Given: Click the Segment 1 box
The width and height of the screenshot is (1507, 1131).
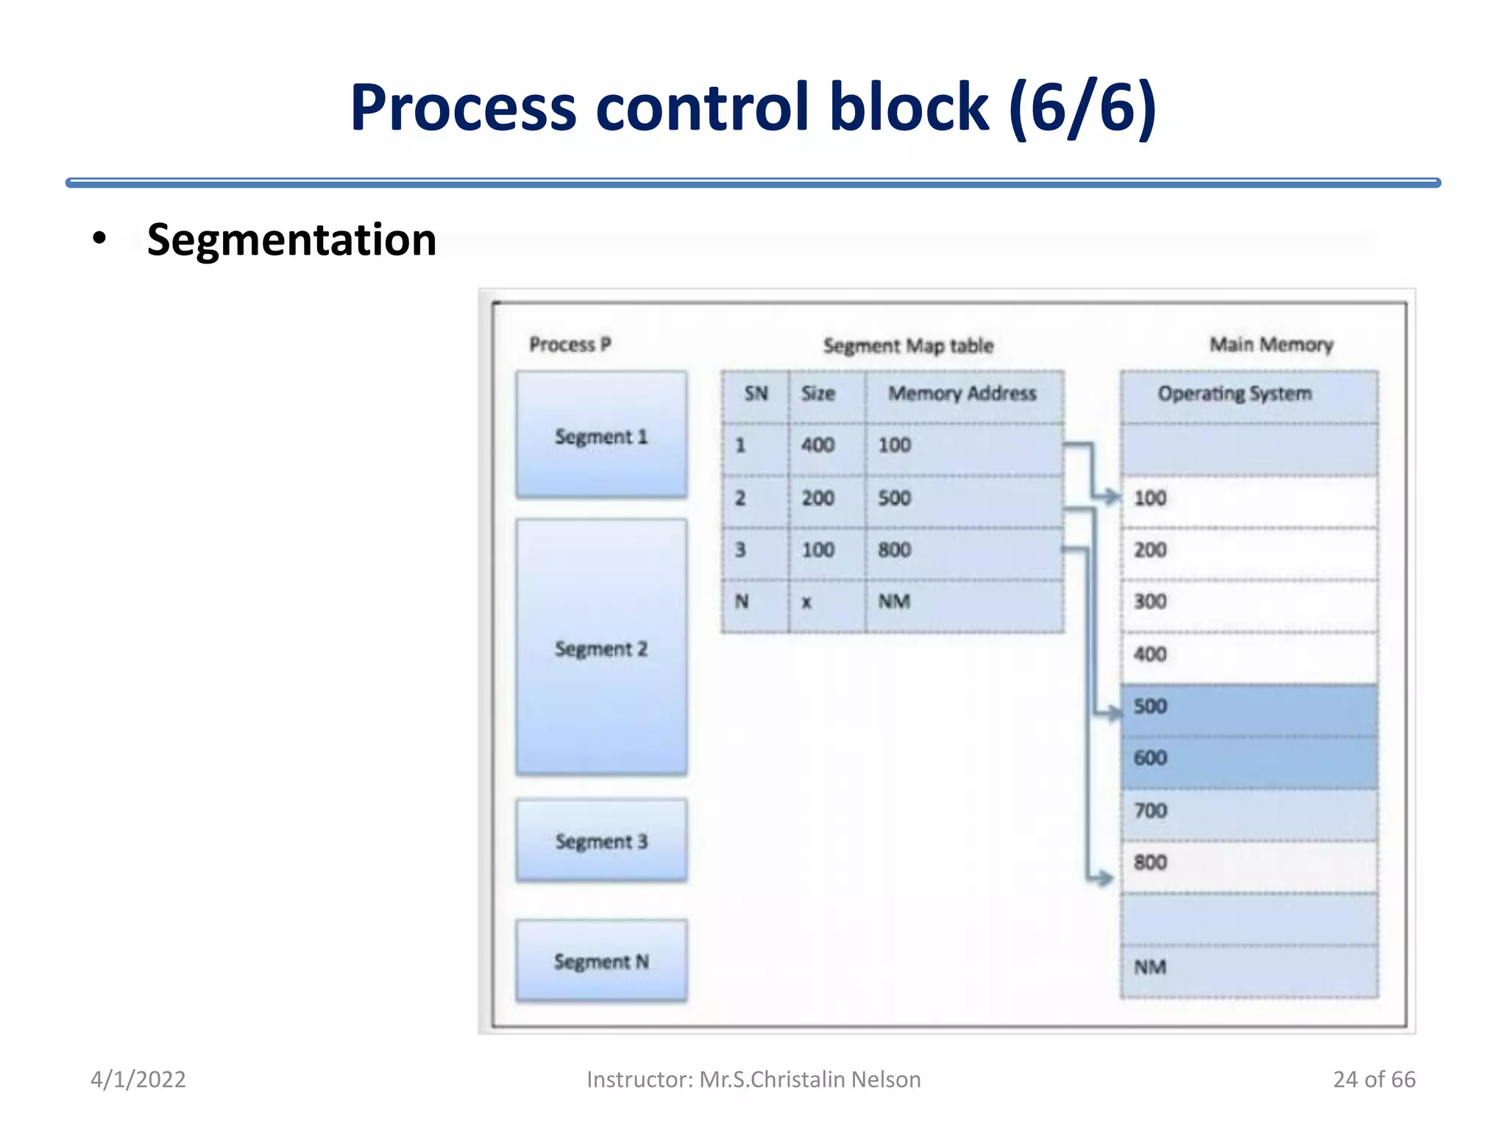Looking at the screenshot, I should pos(601,435).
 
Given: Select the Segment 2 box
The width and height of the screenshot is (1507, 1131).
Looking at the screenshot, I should pos(601,647).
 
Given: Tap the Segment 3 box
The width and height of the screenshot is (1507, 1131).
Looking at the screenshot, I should pos(601,840).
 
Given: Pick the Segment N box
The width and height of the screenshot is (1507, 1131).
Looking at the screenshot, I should pos(601,961).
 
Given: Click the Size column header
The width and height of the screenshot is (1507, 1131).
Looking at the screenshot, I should pos(818,394).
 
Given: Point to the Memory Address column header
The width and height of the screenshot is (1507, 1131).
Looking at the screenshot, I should pos(962,394).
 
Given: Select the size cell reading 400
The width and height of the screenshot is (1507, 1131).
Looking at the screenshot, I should pos(818,445).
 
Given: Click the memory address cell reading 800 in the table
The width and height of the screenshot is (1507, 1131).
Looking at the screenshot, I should pos(895,550).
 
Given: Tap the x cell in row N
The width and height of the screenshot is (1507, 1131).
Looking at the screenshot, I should pos(806,602).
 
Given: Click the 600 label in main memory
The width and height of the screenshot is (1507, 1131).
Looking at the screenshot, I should pos(1150,758).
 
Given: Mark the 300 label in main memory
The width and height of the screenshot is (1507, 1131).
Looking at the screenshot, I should pos(1150,602).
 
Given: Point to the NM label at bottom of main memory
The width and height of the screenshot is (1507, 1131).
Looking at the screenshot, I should pos(1150,968).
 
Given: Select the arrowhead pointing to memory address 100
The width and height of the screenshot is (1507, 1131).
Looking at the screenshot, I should pos(1111,497).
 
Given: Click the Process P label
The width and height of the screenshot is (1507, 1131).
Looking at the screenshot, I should pos(570,345).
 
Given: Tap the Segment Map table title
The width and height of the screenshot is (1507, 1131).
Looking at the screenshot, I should pos(908,346).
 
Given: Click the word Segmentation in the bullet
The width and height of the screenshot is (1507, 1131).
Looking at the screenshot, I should pos(291,240).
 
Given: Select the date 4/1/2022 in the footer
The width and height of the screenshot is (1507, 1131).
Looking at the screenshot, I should pos(138,1079).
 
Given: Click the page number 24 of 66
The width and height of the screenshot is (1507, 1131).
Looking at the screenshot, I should pos(1374,1079).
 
